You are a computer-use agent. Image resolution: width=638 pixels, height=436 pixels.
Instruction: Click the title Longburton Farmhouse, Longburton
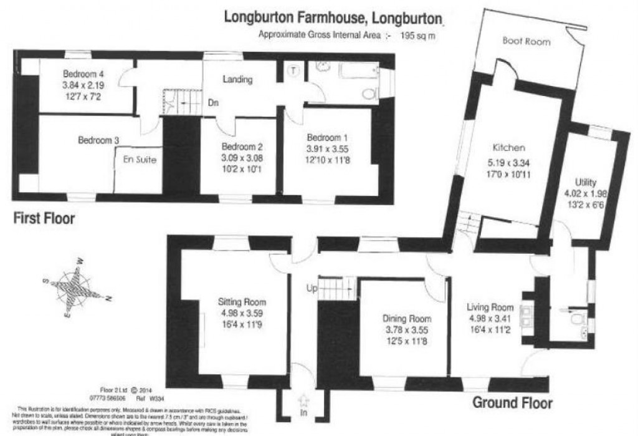[x=335, y=18]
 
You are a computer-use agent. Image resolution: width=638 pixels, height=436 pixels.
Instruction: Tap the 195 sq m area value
[x=425, y=35]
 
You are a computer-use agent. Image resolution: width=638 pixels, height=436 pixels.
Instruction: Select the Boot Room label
[x=526, y=42]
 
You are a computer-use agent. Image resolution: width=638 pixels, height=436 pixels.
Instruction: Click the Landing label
[x=237, y=80]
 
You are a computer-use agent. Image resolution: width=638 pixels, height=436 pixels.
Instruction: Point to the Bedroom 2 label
[x=242, y=147]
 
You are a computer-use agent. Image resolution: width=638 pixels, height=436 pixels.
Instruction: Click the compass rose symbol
[x=72, y=289]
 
